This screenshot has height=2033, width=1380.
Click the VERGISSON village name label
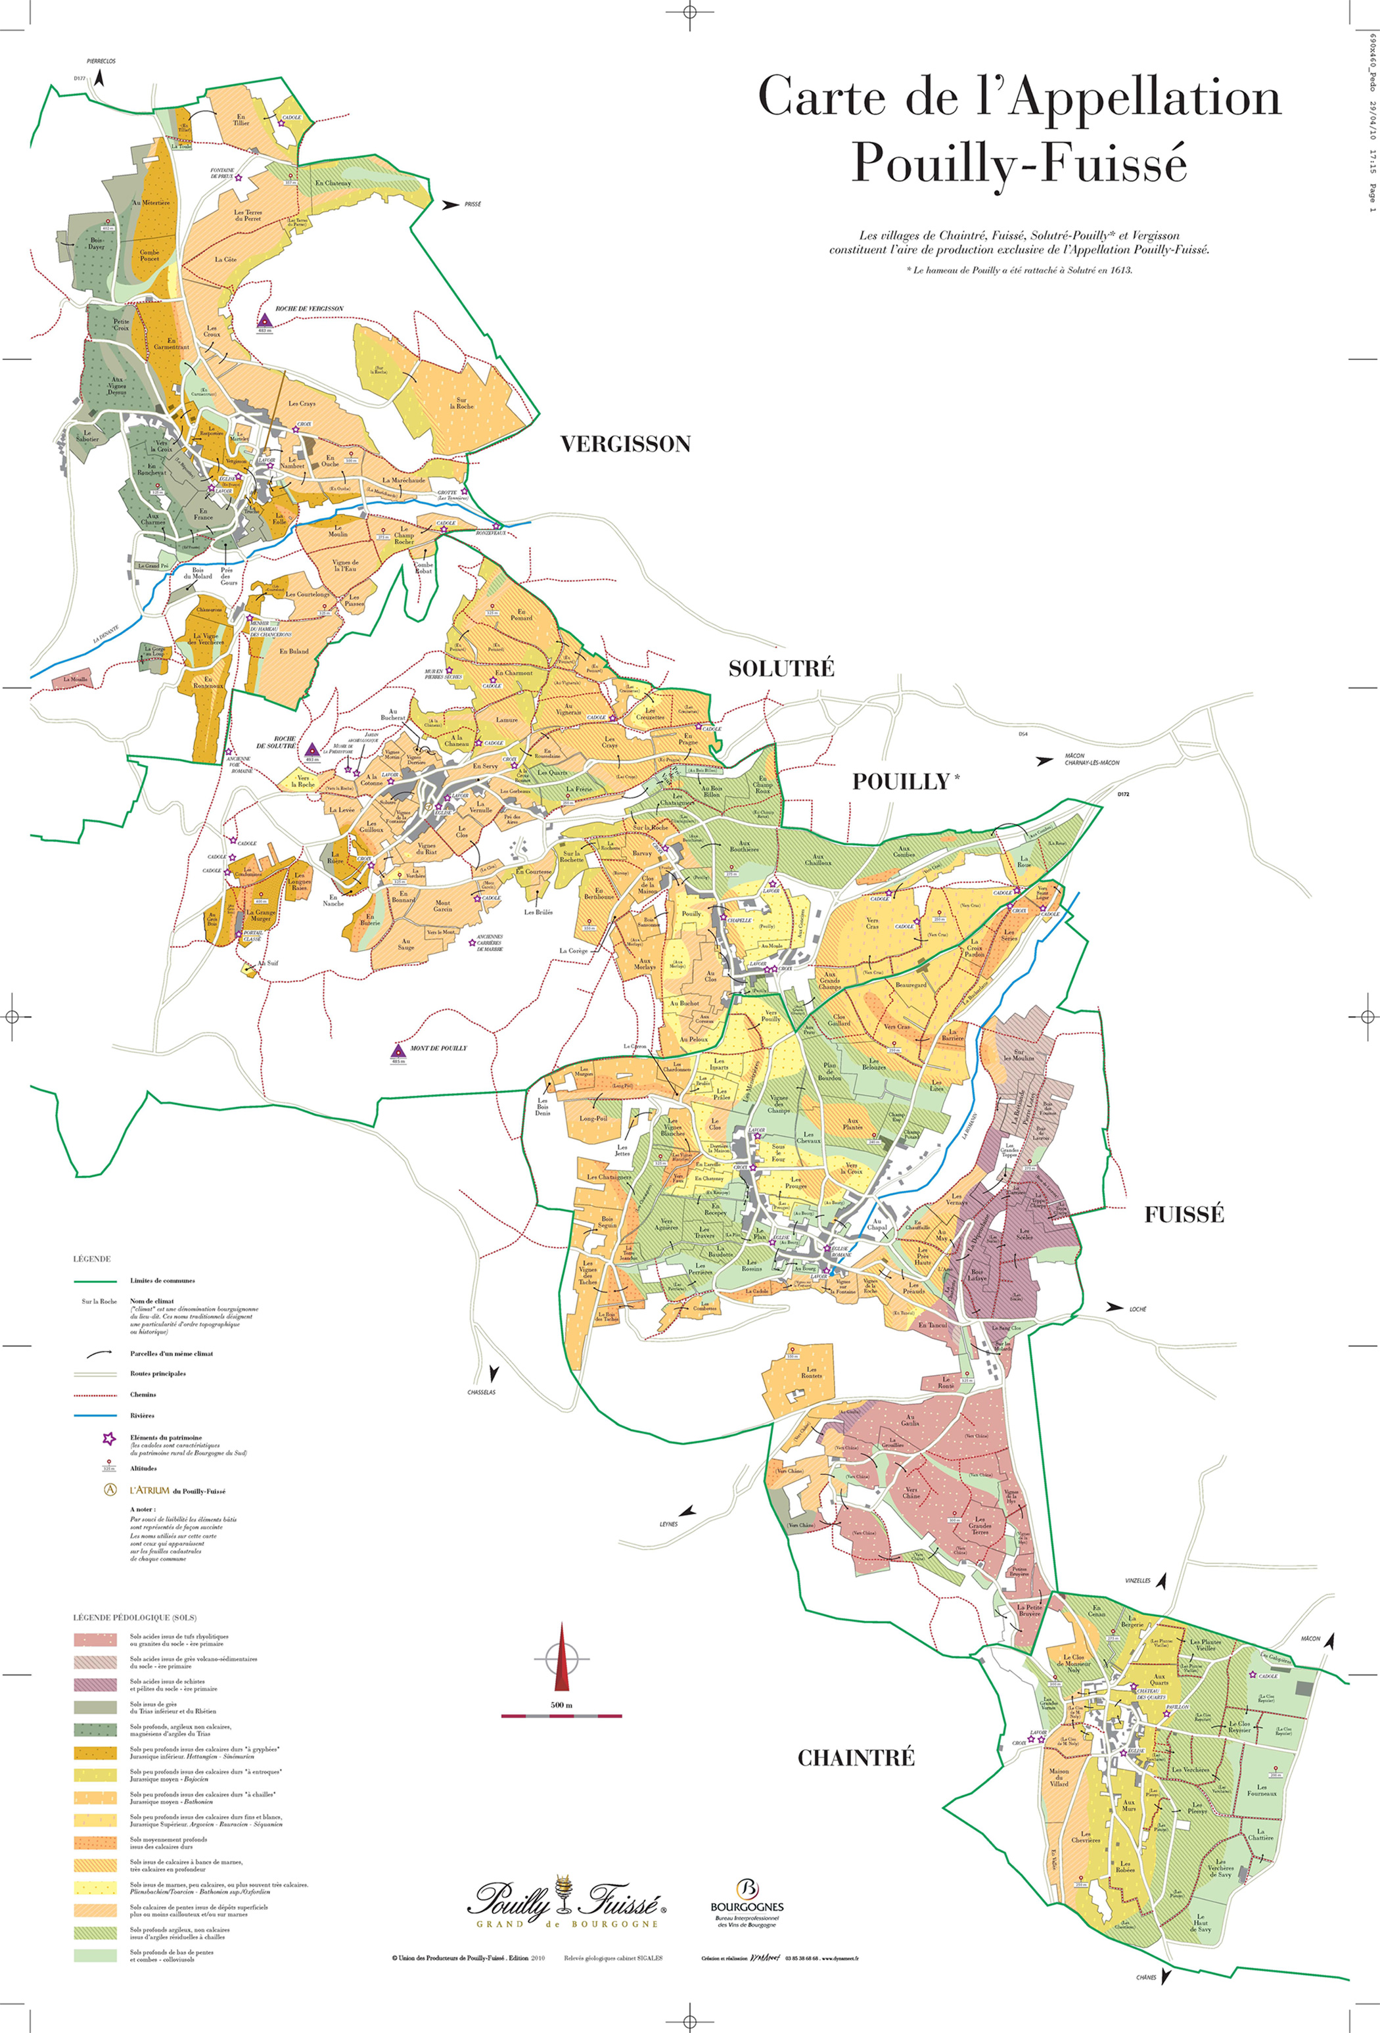click(x=626, y=444)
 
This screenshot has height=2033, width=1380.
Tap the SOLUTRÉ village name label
click(x=781, y=669)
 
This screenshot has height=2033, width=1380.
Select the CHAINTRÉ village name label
click(x=856, y=1758)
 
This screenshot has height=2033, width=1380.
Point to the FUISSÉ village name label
click(x=1184, y=1214)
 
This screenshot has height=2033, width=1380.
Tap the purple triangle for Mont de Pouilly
click(x=398, y=1050)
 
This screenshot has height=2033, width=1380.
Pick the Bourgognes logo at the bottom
click(x=747, y=1902)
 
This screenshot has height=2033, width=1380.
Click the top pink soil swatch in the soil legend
click(x=95, y=1640)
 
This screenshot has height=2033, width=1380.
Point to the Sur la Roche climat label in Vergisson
click(x=462, y=404)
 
